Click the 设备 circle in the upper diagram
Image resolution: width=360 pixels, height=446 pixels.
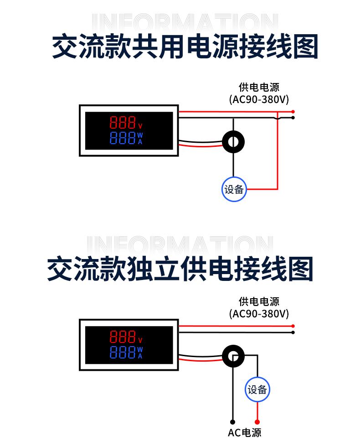234,189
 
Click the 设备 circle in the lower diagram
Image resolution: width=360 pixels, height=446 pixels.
257,389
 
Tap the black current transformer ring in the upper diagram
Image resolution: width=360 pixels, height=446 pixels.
233,142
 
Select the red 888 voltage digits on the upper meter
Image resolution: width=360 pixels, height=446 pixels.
123,123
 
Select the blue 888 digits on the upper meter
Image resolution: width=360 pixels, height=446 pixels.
123,138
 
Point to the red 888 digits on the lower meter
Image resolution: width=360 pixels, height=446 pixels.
123,337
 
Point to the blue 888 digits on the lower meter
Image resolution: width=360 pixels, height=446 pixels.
123,353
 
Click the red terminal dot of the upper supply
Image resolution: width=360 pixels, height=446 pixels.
293,112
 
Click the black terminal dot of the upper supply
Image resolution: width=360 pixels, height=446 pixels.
293,118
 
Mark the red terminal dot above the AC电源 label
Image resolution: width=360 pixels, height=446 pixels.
257,422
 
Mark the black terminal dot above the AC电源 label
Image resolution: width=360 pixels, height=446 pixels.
233,422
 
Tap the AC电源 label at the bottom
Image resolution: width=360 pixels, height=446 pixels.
245,433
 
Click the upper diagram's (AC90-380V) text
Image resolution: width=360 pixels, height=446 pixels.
259,99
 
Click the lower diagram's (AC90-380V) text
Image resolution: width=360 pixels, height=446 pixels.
259,314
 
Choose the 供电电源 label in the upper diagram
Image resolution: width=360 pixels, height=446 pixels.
259,87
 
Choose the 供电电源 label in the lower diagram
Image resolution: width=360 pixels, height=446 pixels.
259,301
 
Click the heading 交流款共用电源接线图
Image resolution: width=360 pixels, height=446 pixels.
184,47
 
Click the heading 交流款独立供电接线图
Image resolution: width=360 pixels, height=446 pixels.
180,268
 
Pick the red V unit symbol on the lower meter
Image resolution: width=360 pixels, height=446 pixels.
140,340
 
